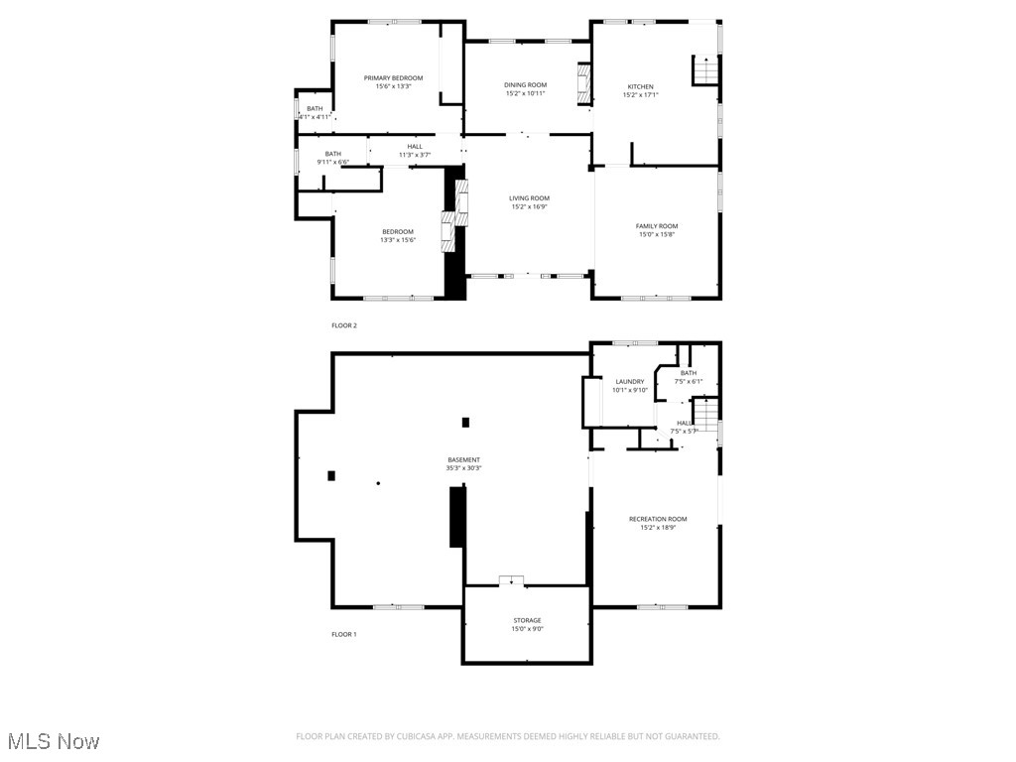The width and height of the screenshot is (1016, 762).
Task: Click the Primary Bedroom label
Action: click(393, 78)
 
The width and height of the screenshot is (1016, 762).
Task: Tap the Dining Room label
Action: click(526, 85)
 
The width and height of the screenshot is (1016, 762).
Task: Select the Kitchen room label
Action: click(640, 86)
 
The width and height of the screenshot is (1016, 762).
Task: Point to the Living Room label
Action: click(529, 198)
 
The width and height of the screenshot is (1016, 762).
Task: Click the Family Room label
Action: click(657, 226)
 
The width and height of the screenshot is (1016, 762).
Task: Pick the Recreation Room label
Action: click(657, 519)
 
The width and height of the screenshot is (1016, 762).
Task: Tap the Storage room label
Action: click(527, 620)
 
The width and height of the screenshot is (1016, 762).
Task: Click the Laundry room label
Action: click(630, 382)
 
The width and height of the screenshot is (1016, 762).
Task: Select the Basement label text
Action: click(463, 459)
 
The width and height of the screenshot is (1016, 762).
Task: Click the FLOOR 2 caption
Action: click(343, 325)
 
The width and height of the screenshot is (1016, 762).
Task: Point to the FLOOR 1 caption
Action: click(343, 634)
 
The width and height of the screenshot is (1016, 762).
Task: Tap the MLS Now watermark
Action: click(53, 741)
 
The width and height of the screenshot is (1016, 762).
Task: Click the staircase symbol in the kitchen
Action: click(704, 71)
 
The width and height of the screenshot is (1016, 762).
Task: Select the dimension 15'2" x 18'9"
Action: click(657, 528)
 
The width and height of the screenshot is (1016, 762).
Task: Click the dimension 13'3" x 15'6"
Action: click(397, 240)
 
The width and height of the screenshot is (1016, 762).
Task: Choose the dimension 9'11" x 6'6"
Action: click(332, 162)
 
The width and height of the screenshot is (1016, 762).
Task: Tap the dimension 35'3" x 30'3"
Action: click(463, 468)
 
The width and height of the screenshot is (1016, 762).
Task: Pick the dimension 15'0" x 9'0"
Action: click(527, 629)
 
